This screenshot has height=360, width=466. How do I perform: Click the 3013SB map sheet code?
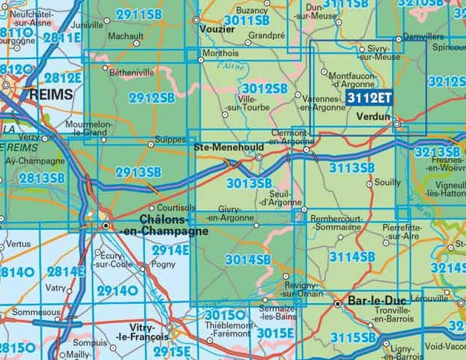(249, 183)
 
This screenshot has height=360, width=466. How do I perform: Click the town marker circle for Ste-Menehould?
(259, 157)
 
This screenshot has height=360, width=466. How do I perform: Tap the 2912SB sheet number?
(152, 98)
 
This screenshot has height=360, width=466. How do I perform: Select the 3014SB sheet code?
(249, 259)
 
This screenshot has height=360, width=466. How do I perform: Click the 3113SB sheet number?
(351, 169)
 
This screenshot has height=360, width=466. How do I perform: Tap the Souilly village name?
(388, 182)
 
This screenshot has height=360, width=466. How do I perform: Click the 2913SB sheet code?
(138, 173)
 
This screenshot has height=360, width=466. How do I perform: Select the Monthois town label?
(221, 52)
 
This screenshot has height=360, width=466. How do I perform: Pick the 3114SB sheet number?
(351, 257)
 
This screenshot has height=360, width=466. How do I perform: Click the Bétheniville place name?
(132, 73)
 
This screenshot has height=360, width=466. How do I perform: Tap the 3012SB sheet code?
(264, 89)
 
